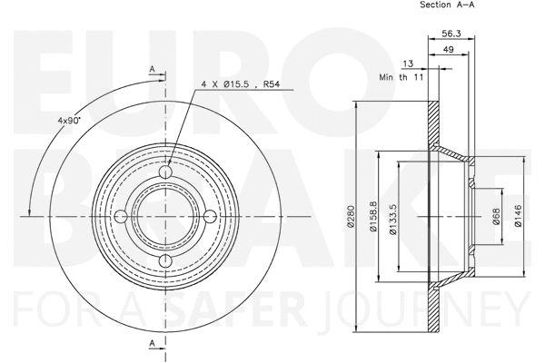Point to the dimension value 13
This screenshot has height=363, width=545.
click(409, 64)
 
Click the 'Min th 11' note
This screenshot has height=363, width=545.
click(401, 80)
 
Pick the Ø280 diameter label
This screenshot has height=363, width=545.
click(349, 218)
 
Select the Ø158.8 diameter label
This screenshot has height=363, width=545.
click(374, 218)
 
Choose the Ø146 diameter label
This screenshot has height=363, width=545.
click(518, 218)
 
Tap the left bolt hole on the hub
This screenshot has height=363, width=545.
click(121, 217)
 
